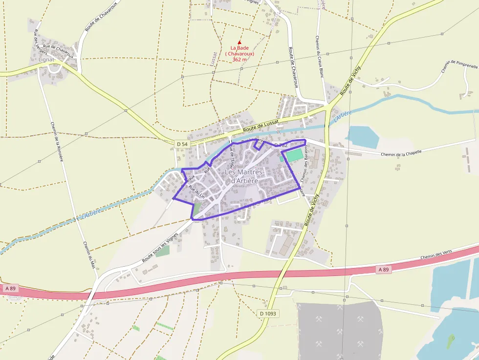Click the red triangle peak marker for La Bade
pyautogui.click(x=239, y=42)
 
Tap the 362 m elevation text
pyautogui.click(x=239, y=60)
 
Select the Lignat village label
pyautogui.click(x=46, y=60)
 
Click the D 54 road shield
pyautogui.click(x=181, y=143)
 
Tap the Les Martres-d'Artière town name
pyautogui.click(x=244, y=177)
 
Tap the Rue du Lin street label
pyautogui.click(x=196, y=192)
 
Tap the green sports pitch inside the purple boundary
pyautogui.click(x=294, y=156)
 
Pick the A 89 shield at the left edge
pyautogui.click(x=11, y=288)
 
